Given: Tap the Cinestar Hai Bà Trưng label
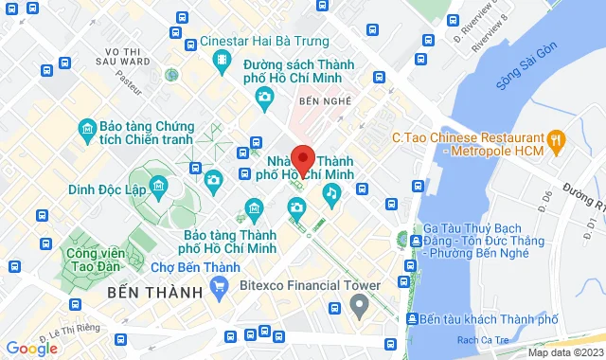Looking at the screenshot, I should click(264, 42).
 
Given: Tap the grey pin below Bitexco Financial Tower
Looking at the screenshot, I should click(359, 305).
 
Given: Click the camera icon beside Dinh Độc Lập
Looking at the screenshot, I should click(213, 179).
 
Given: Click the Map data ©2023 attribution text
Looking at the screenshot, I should click(566, 352).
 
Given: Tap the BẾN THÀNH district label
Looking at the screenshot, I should click(156, 292).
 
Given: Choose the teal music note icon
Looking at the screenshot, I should click(330, 194).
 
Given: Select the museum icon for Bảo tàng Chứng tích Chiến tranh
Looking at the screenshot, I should click(87, 128).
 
